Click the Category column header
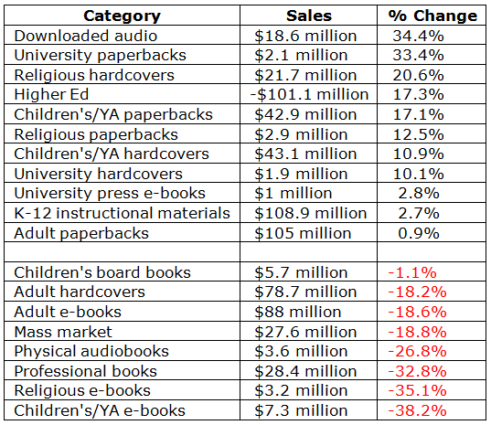tap(122, 16)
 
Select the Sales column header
tap(309, 16)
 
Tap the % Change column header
tap(432, 16)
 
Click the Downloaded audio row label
tap(85, 36)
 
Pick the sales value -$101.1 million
tap(309, 94)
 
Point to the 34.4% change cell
tap(419, 36)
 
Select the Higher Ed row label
tap(51, 94)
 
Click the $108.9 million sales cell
tap(310, 213)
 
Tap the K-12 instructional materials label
tap(123, 213)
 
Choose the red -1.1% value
tap(412, 272)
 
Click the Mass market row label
tap(63, 332)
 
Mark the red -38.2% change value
tap(417, 410)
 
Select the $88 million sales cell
tap(297, 312)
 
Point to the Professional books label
tap(85, 371)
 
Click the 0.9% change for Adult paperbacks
tap(419, 233)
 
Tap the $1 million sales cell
tap(294, 194)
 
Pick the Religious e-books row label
tap(82, 391)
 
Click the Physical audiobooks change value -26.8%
tap(417, 352)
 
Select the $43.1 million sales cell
tap(305, 154)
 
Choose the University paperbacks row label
tap(101, 56)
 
